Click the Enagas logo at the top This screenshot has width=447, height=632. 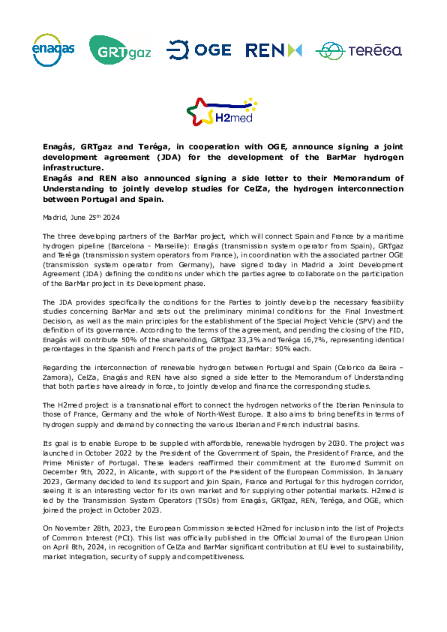53,50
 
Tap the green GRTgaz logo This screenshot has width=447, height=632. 120,50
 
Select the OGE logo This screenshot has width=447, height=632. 199,50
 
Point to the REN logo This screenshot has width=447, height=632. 273,50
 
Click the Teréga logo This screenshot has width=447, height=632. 359,51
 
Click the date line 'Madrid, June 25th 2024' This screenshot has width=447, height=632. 81,218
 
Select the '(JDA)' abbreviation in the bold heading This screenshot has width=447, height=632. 169,157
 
